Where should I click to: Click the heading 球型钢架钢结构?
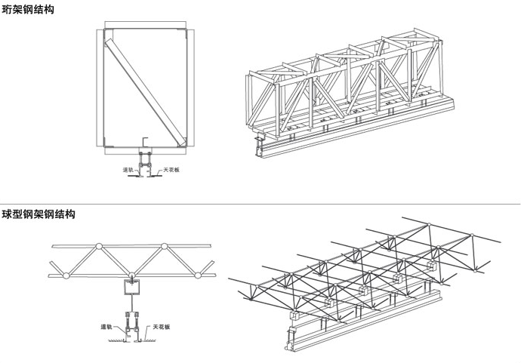coord(38,214)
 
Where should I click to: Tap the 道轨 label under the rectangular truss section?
coord(128,170)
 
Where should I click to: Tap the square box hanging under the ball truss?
coord(132,289)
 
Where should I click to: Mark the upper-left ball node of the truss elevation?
coord(98,247)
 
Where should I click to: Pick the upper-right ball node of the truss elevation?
coord(165,247)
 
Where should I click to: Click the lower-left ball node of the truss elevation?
coord(66,275)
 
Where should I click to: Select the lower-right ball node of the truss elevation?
coord(198,275)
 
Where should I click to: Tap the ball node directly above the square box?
coord(131,275)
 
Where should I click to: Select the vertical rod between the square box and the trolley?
coord(132,309)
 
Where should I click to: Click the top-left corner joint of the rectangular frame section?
coord(106,31)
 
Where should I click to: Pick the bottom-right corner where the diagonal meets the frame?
coord(181,143)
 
